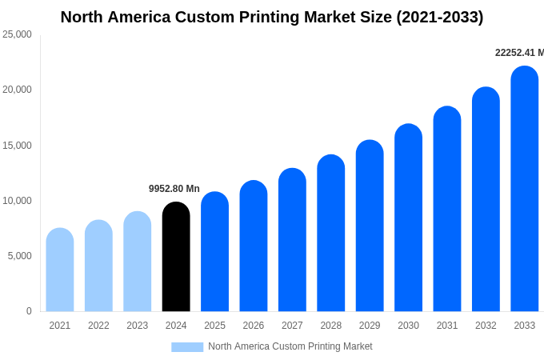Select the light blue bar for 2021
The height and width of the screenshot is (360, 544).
60,270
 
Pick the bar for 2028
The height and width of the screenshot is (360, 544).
331,233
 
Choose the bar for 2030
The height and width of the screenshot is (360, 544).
408,218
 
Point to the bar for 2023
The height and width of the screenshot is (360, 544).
138,262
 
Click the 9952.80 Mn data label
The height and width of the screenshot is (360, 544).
174,189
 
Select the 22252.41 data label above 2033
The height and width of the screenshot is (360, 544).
519,53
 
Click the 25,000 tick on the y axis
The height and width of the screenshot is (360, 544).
18,34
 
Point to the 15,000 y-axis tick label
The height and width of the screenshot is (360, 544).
18,146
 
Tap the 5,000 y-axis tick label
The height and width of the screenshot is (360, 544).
20,256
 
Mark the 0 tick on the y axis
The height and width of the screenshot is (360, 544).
29,311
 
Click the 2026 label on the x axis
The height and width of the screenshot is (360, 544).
254,326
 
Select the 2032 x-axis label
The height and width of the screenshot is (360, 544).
486,326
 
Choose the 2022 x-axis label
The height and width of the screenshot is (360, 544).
98,326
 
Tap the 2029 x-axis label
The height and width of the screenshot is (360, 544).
370,326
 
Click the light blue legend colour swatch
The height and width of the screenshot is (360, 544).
187,346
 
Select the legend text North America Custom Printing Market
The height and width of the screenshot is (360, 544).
290,346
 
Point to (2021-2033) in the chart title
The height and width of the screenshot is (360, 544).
439,17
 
